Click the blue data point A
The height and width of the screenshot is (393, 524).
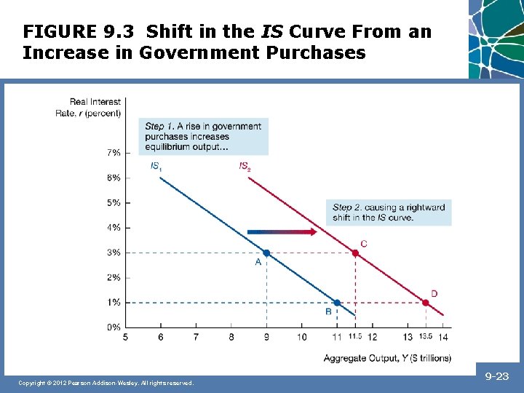[x=266, y=253]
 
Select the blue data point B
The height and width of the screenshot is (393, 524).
[x=336, y=302]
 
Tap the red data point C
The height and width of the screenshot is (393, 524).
[x=355, y=253]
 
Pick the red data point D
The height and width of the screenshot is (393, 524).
[x=426, y=302]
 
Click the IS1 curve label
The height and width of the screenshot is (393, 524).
[x=156, y=167]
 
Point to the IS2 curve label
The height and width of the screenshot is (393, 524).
[x=245, y=167]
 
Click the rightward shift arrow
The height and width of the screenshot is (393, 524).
[x=281, y=231]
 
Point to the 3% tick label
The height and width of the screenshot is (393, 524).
[x=114, y=253]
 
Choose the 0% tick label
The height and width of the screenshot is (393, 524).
[x=114, y=327]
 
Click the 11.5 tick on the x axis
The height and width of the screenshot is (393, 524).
[x=355, y=337]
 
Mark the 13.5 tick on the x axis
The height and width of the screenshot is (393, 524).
[x=426, y=337]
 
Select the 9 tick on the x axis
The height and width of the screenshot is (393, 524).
[x=266, y=337]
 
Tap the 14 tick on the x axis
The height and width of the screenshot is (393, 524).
[x=443, y=337]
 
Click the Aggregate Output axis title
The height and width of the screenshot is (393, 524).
[x=387, y=357]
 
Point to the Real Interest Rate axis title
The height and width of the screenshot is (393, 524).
[x=89, y=107]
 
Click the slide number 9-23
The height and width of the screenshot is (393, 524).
[x=496, y=376]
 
